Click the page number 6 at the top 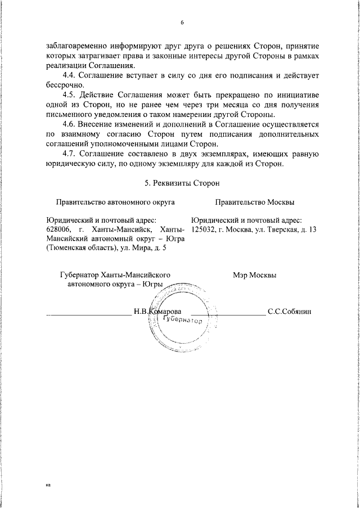point(183,22)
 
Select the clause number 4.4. point(70,75)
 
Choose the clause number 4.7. point(70,153)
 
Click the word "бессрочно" point(63,84)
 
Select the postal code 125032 point(204,229)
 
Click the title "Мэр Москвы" point(254,275)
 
